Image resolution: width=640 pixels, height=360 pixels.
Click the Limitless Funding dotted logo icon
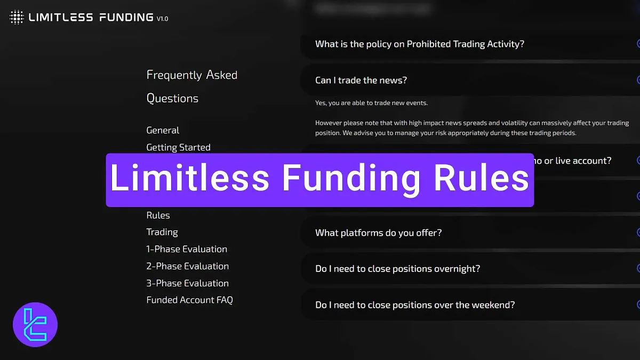tap(17, 18)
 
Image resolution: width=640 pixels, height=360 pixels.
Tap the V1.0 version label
tap(162, 19)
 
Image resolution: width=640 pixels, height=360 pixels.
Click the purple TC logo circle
tap(35, 325)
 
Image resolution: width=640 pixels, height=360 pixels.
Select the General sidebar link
tap(163, 130)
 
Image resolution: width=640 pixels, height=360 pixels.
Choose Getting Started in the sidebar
tap(178, 147)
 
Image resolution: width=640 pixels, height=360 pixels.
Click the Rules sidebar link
tap(158, 215)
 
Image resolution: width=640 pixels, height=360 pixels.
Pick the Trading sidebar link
tap(162, 232)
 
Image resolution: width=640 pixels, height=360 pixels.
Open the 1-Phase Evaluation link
tap(187, 249)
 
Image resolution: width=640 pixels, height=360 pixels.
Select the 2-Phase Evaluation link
tap(187, 266)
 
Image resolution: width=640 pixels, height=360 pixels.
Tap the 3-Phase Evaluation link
tap(187, 283)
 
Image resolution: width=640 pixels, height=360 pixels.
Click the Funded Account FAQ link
tap(189, 300)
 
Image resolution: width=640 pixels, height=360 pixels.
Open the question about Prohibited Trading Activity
tap(419, 44)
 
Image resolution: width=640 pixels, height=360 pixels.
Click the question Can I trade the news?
tap(361, 81)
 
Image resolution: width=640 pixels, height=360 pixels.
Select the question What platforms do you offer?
tap(378, 233)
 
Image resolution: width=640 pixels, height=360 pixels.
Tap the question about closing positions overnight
tap(397, 269)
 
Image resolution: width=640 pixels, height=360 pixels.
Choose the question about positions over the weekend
tap(414, 305)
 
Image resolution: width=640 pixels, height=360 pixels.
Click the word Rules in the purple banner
tap(481, 179)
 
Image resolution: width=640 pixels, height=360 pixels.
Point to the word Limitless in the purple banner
tap(190, 179)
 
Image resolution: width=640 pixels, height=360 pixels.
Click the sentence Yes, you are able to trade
tap(371, 103)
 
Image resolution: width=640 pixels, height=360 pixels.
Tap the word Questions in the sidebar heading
tap(172, 99)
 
